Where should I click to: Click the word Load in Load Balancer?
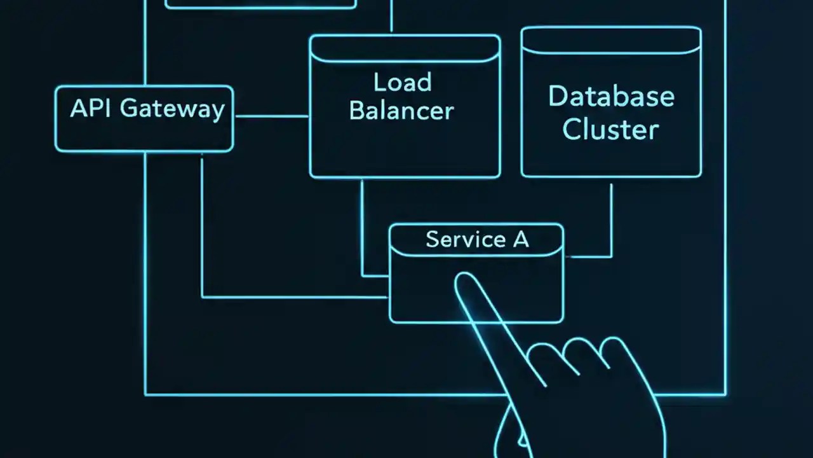click(x=402, y=83)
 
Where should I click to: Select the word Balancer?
click(x=401, y=111)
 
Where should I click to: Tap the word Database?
click(x=611, y=97)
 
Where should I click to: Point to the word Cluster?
click(x=611, y=129)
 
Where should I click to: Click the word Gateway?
click(x=172, y=109)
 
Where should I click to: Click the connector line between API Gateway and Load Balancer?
click(x=271, y=116)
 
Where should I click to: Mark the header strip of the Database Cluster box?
click(x=611, y=40)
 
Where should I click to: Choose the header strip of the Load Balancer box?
click(x=405, y=48)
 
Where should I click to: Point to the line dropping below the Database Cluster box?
click(x=612, y=216)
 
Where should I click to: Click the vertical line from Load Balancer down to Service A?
click(x=362, y=223)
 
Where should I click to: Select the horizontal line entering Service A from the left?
click(x=292, y=297)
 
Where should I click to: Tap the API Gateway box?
click(x=144, y=134)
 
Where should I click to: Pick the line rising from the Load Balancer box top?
click(x=391, y=16)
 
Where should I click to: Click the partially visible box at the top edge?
click(x=260, y=4)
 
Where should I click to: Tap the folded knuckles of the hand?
click(x=584, y=356)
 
